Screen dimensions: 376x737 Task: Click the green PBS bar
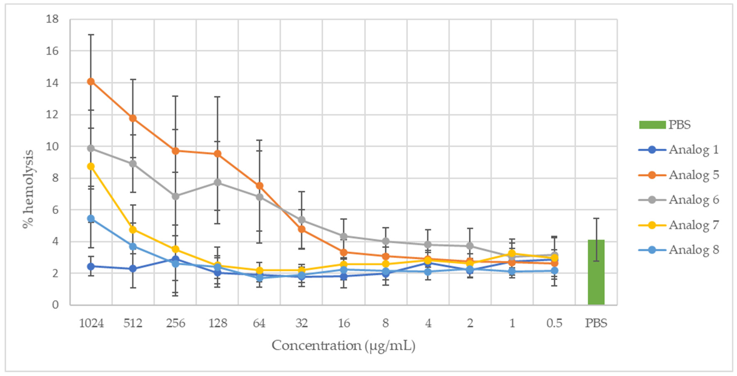pyautogui.click(x=596, y=272)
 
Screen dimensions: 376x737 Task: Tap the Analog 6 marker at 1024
pyautogui.click(x=91, y=148)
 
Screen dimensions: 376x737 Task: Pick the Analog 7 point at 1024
pyautogui.click(x=91, y=167)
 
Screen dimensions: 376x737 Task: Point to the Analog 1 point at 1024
pyautogui.click(x=91, y=267)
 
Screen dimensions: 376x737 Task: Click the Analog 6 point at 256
pyautogui.click(x=175, y=196)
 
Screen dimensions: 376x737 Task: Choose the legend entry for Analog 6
pyautogui.click(x=694, y=200)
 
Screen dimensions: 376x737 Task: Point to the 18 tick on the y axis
pyautogui.click(x=52, y=19)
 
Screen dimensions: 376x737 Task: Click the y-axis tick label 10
pyautogui.click(x=52, y=146)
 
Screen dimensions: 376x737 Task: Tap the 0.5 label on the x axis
pyautogui.click(x=554, y=323)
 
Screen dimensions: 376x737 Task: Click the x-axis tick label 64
pyautogui.click(x=259, y=323)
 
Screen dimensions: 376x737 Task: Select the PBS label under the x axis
pyautogui.click(x=596, y=323)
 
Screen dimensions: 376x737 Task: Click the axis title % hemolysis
pyautogui.click(x=28, y=189)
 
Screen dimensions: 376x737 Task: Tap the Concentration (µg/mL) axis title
pyautogui.click(x=343, y=346)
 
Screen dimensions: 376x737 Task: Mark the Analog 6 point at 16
pyautogui.click(x=344, y=236)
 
